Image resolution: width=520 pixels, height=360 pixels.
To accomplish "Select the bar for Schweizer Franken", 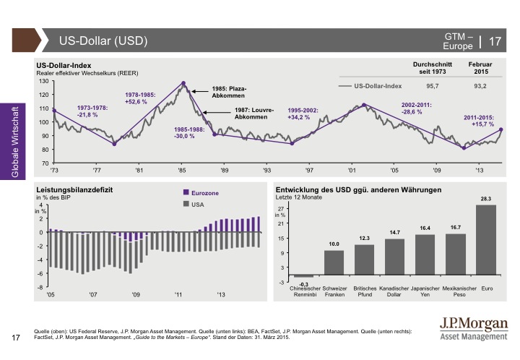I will click(x=334, y=264).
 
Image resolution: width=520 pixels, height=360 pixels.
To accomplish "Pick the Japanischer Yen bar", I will click(x=425, y=256).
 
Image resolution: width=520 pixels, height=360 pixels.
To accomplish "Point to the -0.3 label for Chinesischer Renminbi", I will click(x=305, y=284).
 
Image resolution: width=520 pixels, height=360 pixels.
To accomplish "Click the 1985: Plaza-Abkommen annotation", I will click(x=230, y=93).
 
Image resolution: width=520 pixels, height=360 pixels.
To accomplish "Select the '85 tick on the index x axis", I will click(x=181, y=170).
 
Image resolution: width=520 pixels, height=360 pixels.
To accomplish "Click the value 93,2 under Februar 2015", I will click(x=480, y=85).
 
